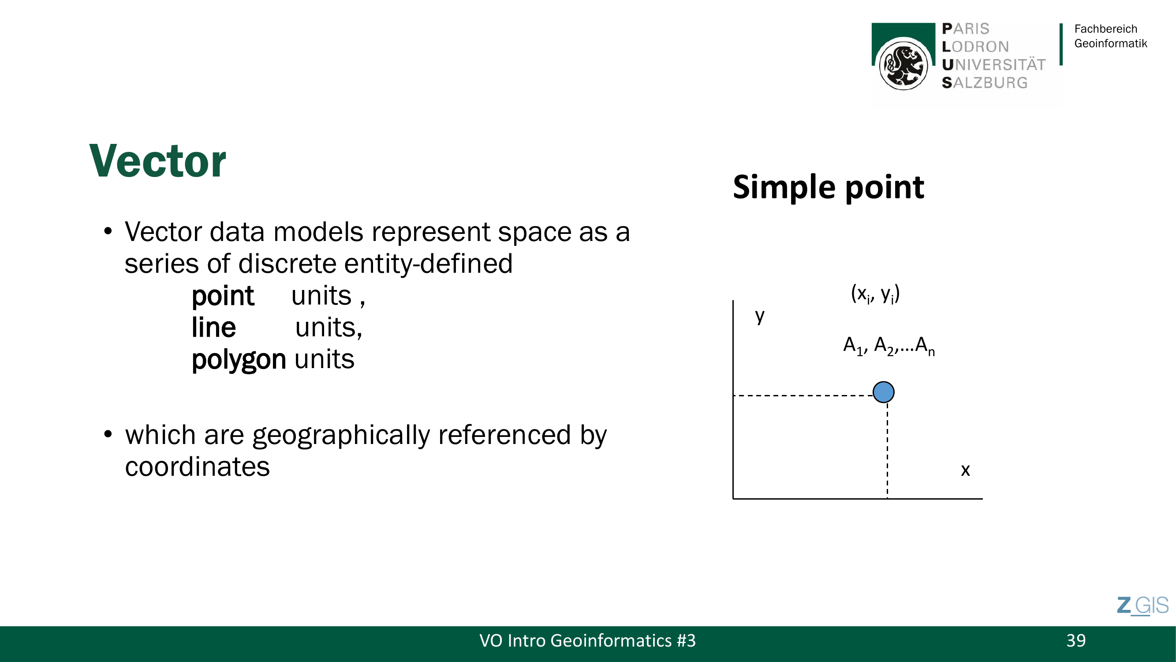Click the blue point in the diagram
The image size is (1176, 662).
[883, 392]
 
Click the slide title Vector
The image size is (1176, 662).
[157, 161]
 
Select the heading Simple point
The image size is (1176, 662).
[828, 187]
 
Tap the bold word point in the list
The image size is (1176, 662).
[222, 296]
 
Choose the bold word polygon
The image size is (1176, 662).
[239, 360]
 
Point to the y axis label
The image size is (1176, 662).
[760, 316]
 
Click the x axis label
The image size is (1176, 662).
[965, 470]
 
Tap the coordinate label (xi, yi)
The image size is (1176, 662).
[875, 294]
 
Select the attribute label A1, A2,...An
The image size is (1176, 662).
[889, 346]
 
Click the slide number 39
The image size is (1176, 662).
[1076, 640]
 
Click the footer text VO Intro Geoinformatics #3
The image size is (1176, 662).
[587, 640]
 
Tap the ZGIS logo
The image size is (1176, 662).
[1142, 606]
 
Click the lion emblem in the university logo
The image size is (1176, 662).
[903, 64]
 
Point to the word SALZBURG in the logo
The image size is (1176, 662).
[985, 83]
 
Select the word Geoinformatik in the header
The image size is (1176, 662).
[1111, 43]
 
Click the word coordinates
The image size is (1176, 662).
[197, 467]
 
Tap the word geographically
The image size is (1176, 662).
[341, 436]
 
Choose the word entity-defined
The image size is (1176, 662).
[375, 264]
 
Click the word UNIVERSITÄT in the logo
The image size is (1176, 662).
[993, 65]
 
